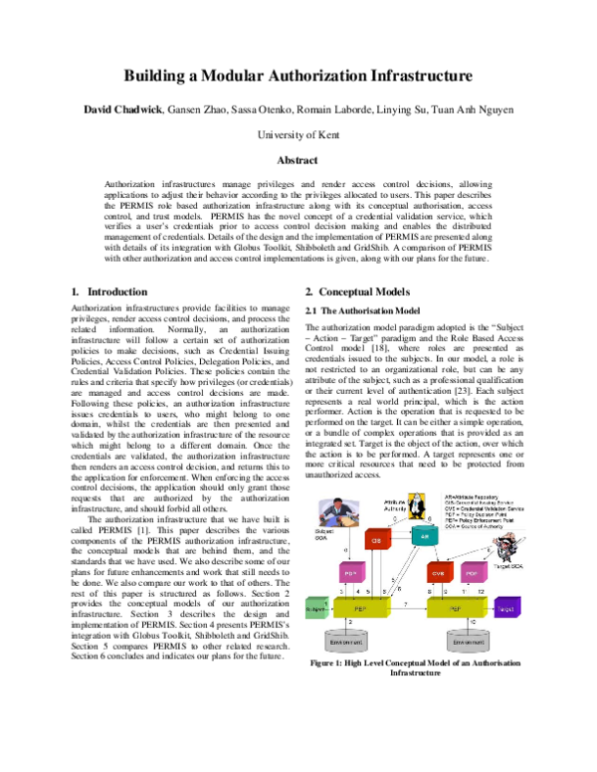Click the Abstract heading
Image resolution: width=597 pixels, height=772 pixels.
[297, 159]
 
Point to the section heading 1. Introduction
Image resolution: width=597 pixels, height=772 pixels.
[110, 292]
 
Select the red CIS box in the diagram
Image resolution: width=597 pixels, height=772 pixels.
[376, 541]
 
